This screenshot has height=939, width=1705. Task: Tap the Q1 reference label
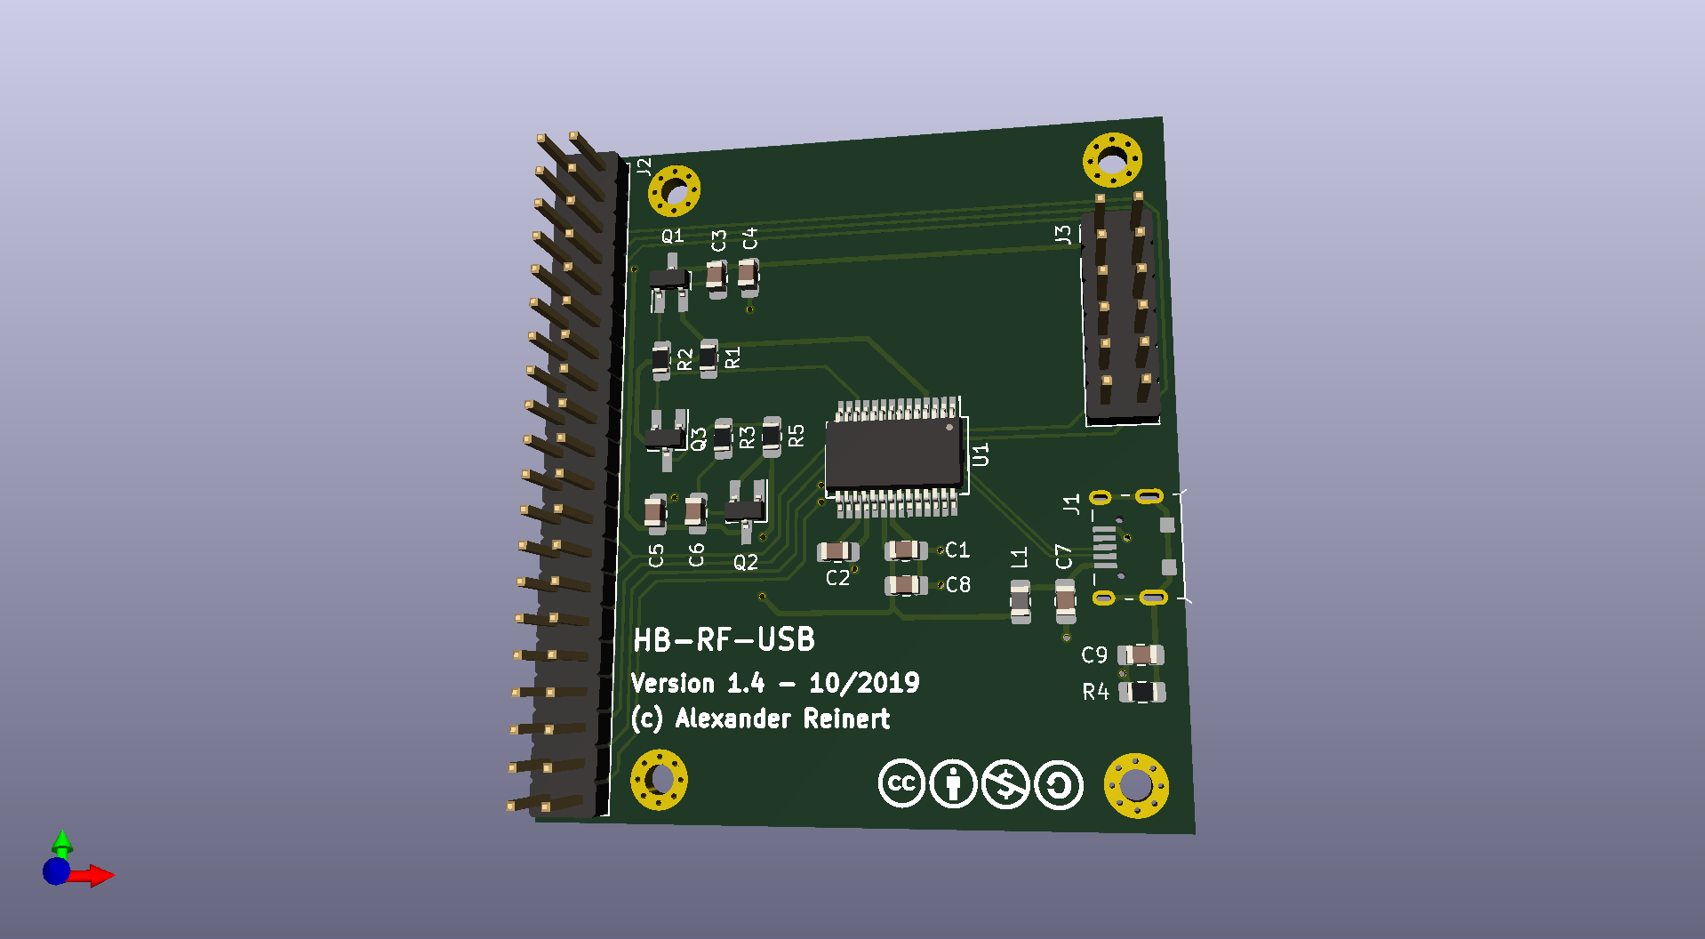pos(672,236)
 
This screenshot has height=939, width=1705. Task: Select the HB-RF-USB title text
pos(724,639)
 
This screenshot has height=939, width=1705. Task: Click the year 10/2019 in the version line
pos(864,683)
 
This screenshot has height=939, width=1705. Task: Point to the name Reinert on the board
pos(846,718)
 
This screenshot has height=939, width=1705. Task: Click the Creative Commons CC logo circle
pos(901,783)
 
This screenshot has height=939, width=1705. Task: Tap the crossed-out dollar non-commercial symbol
pos(1006,785)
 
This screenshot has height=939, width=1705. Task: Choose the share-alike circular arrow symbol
pos(1059,786)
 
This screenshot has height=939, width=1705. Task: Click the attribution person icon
pos(954,784)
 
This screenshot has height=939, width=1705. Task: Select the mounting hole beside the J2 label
pos(674,190)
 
